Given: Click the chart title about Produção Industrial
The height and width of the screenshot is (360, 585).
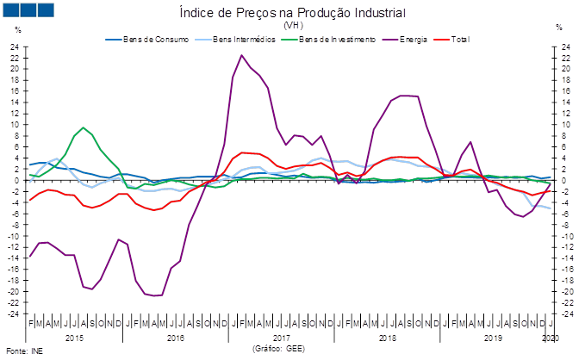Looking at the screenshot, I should point(292,14).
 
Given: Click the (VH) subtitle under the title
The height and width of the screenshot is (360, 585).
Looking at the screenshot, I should point(292,26).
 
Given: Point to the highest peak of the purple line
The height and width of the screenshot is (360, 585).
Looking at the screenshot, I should point(242,55).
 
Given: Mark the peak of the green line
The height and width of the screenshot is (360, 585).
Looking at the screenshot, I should point(83,127).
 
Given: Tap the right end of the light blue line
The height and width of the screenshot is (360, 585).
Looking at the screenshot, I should point(551,209).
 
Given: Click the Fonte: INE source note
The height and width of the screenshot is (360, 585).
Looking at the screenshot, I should point(23,351).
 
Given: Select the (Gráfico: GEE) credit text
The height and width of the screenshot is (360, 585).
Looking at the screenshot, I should point(278,349).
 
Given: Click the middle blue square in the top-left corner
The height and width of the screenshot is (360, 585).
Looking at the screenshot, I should point(28,9).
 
